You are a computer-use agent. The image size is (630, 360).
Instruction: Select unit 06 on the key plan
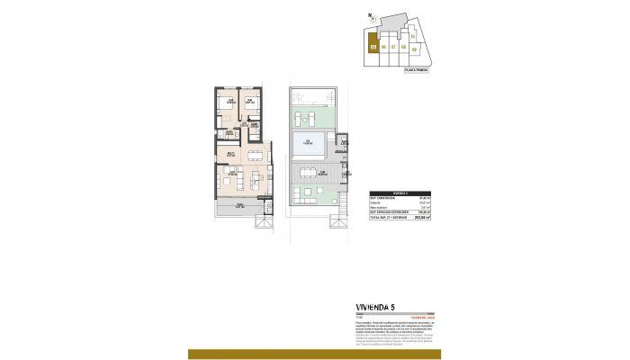coord(384,48)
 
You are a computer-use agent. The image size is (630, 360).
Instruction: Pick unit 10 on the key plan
coord(413,37)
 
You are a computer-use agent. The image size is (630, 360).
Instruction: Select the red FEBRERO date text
coord(424,318)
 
